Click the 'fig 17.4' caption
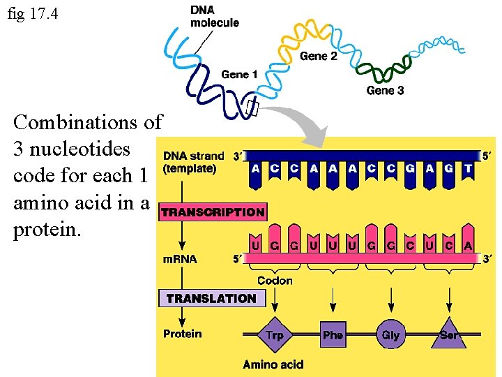tap(33, 13)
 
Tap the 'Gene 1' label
tap(239, 74)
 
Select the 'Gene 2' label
tap(318, 56)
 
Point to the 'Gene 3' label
tap(385, 90)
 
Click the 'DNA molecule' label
tap(214, 17)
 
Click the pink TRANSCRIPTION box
tap(213, 212)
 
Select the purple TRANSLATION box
tap(211, 298)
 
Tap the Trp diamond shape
tap(275, 335)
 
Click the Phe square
tap(333, 335)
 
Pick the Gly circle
tap(390, 334)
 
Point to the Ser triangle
tap(448, 334)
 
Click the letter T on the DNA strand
tap(467, 168)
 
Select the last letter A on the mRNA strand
tap(467, 245)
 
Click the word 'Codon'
tap(275, 281)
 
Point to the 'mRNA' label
tap(180, 259)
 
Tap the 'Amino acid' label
tap(273, 364)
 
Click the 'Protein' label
tap(182, 334)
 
